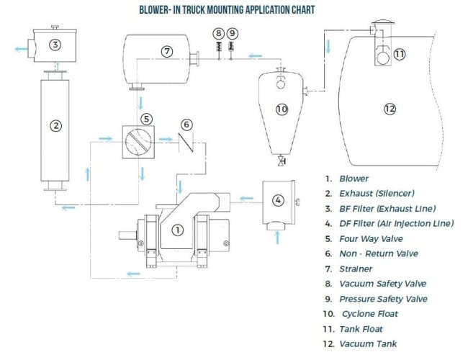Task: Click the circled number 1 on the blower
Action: (x=177, y=230)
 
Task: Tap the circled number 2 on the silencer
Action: (x=55, y=125)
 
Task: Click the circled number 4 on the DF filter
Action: (x=279, y=199)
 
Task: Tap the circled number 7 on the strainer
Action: (x=167, y=51)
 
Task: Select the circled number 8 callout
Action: (x=218, y=33)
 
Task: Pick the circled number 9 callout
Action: (x=231, y=33)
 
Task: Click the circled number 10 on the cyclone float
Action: (x=282, y=109)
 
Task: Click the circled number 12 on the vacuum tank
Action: (x=390, y=109)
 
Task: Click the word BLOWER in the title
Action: (x=160, y=11)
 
